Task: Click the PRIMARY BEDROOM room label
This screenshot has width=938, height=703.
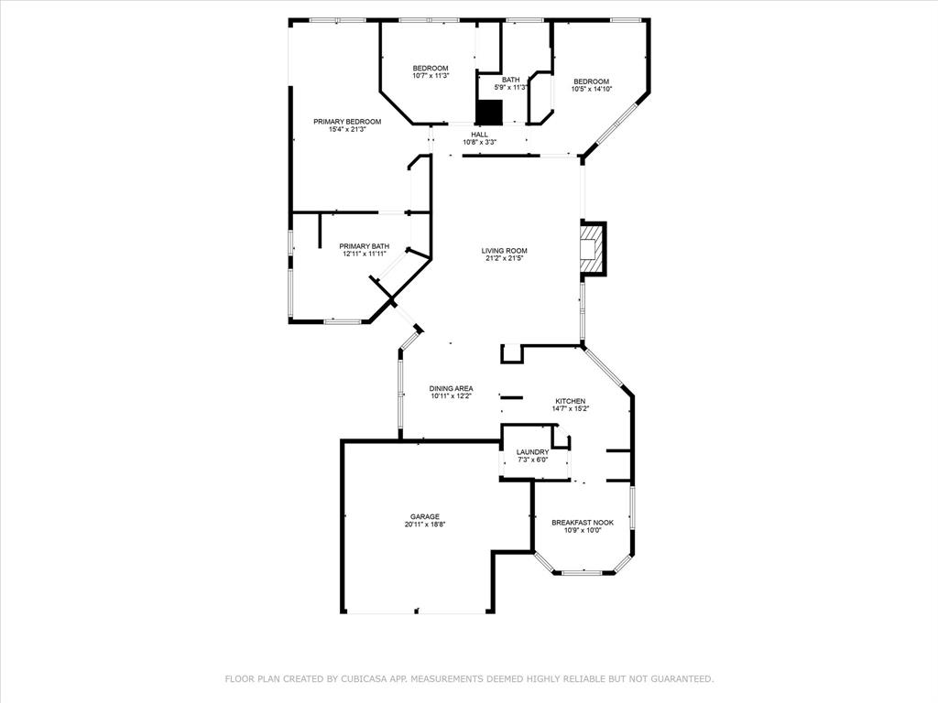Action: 347,122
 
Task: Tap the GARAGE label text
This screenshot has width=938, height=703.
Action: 425,516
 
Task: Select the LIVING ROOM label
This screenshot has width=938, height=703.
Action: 505,251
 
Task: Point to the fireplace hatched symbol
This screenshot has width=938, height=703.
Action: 592,249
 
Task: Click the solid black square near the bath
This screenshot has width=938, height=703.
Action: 489,112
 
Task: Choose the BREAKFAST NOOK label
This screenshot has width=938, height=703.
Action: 582,523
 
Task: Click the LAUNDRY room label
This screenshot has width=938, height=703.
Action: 532,452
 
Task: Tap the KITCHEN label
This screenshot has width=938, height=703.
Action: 570,401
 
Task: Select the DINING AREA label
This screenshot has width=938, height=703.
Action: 451,388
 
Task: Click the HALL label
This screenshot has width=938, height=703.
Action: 480,135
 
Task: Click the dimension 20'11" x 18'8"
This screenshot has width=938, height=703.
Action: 425,525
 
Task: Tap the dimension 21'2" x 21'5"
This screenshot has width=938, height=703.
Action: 505,259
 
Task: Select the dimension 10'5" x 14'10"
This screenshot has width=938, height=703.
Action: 591,90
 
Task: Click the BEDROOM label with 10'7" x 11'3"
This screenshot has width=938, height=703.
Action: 430,69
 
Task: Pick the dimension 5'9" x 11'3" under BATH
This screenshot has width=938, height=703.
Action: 511,88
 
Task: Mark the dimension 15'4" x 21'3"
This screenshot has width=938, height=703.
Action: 347,130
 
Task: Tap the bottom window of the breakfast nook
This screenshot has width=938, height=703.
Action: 582,573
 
